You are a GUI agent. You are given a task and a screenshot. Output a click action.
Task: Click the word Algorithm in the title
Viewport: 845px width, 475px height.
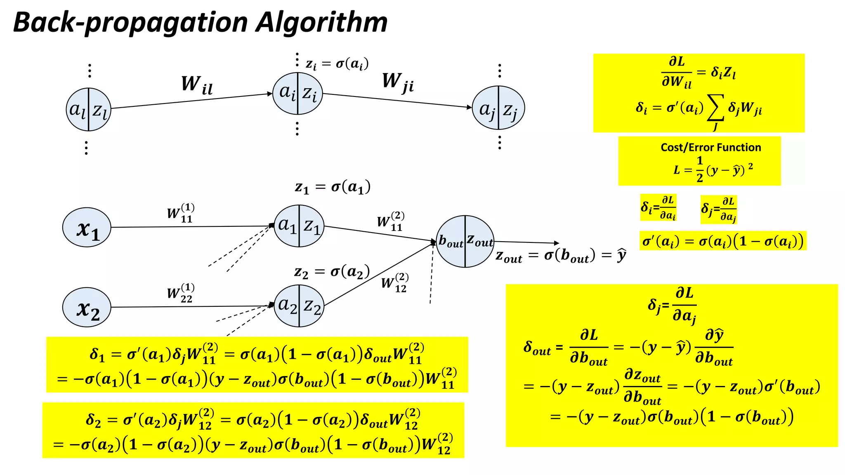tap(321, 22)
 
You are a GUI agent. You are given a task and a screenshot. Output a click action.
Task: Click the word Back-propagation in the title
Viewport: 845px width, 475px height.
tap(130, 23)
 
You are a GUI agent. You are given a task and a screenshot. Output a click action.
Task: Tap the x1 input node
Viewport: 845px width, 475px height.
tap(87, 227)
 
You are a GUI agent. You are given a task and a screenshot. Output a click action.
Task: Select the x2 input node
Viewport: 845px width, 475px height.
tap(87, 307)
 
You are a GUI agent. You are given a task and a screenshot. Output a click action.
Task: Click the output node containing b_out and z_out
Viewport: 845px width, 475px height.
tap(465, 241)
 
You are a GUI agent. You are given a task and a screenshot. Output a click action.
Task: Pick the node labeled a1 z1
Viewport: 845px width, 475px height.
tap(299, 226)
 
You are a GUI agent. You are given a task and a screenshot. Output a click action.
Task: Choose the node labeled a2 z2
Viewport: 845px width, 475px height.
tap(299, 306)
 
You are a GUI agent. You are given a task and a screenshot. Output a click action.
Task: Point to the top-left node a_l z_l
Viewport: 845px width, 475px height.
tap(88, 109)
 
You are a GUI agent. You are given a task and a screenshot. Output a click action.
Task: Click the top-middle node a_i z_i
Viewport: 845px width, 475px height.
tap(297, 93)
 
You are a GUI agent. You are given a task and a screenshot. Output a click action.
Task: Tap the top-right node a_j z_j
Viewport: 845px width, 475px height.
tap(498, 108)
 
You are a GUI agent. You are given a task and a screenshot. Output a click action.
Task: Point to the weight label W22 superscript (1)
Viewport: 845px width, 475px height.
tap(181, 293)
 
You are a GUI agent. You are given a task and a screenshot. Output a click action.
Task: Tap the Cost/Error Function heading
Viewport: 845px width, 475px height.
tap(710, 147)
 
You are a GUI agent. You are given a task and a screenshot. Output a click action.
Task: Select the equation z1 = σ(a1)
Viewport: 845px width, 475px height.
tap(333, 187)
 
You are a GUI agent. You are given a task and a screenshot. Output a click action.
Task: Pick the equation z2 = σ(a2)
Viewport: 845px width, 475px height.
tap(332, 272)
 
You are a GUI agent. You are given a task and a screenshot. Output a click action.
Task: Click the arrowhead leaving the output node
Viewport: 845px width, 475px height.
tap(557, 243)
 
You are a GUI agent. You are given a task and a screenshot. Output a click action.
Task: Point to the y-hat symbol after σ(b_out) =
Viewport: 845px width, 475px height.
tap(621, 256)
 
